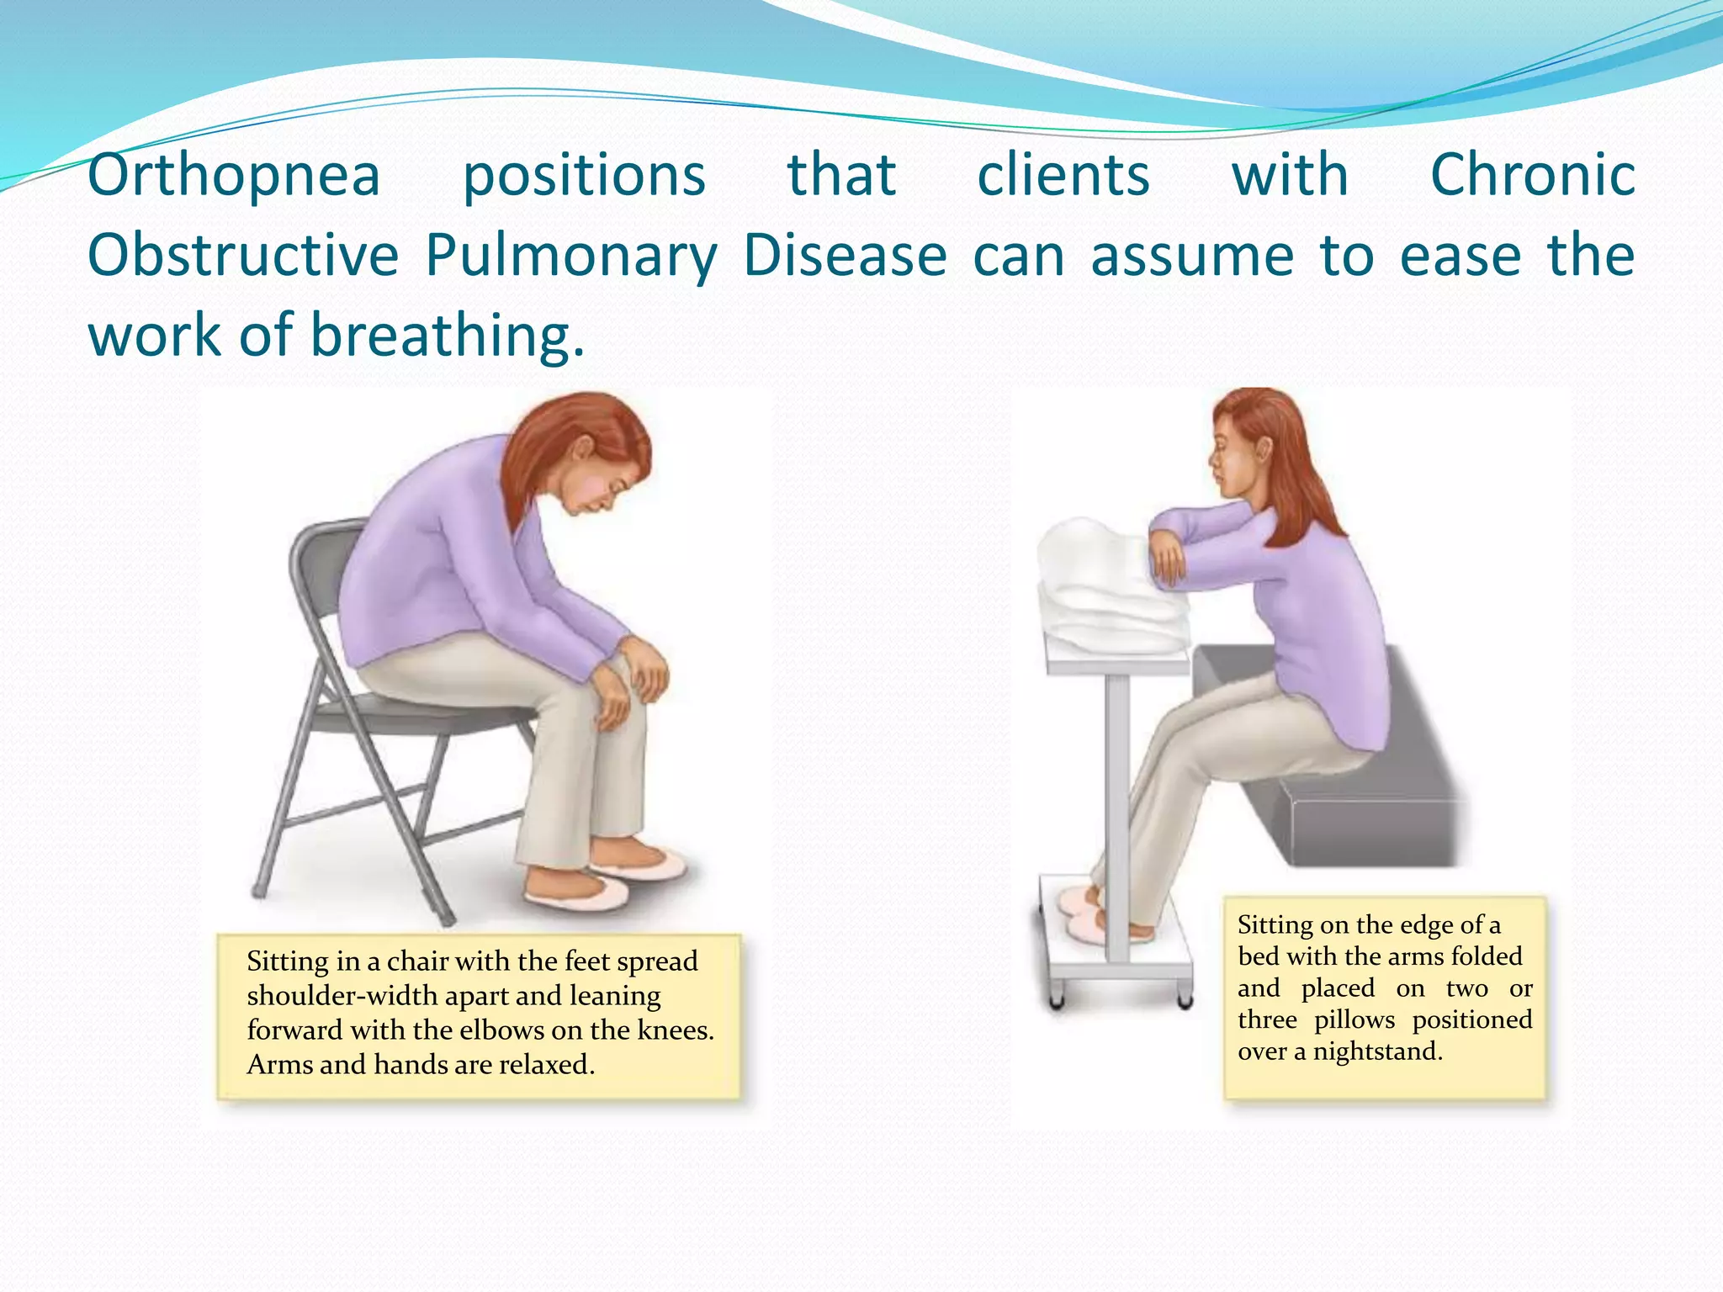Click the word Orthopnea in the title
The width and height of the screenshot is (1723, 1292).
tap(234, 176)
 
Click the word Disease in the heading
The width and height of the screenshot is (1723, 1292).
tap(845, 256)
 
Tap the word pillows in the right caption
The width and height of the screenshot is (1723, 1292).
tap(1354, 1019)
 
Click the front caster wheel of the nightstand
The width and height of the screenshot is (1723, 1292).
tap(1058, 1001)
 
